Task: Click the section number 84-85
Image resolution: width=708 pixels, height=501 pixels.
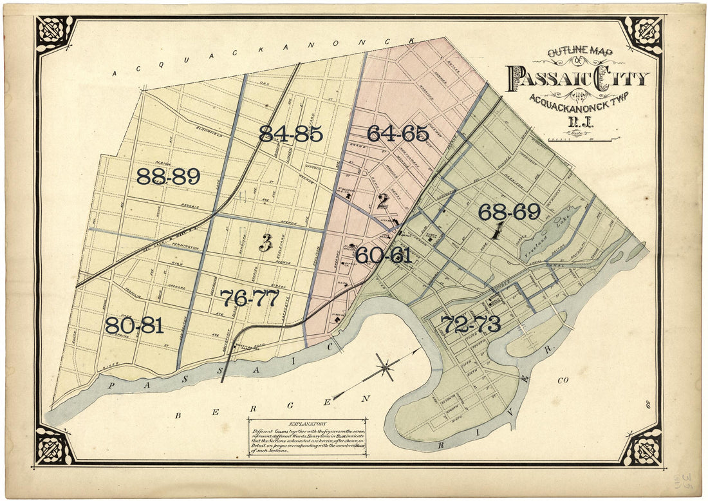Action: tap(290, 133)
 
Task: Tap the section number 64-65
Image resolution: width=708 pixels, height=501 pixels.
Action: tap(397, 133)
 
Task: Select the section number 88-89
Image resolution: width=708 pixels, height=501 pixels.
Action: tap(168, 176)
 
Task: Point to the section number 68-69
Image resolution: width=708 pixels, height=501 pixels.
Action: tap(508, 212)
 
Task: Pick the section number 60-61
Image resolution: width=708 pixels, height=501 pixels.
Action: tap(383, 255)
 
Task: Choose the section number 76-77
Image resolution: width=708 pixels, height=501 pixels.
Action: tap(249, 298)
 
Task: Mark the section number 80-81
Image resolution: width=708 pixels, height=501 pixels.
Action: tap(134, 325)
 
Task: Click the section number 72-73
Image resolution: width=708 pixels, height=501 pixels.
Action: tap(470, 325)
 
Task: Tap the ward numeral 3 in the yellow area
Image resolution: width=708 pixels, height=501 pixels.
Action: tap(265, 242)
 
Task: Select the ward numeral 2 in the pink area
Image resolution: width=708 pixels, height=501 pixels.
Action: tap(382, 201)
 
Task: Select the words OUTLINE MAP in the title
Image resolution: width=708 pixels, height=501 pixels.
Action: tap(580, 53)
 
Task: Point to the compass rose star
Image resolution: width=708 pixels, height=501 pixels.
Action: tap(385, 368)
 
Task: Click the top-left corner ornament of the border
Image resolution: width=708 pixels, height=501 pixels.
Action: tap(55, 33)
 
